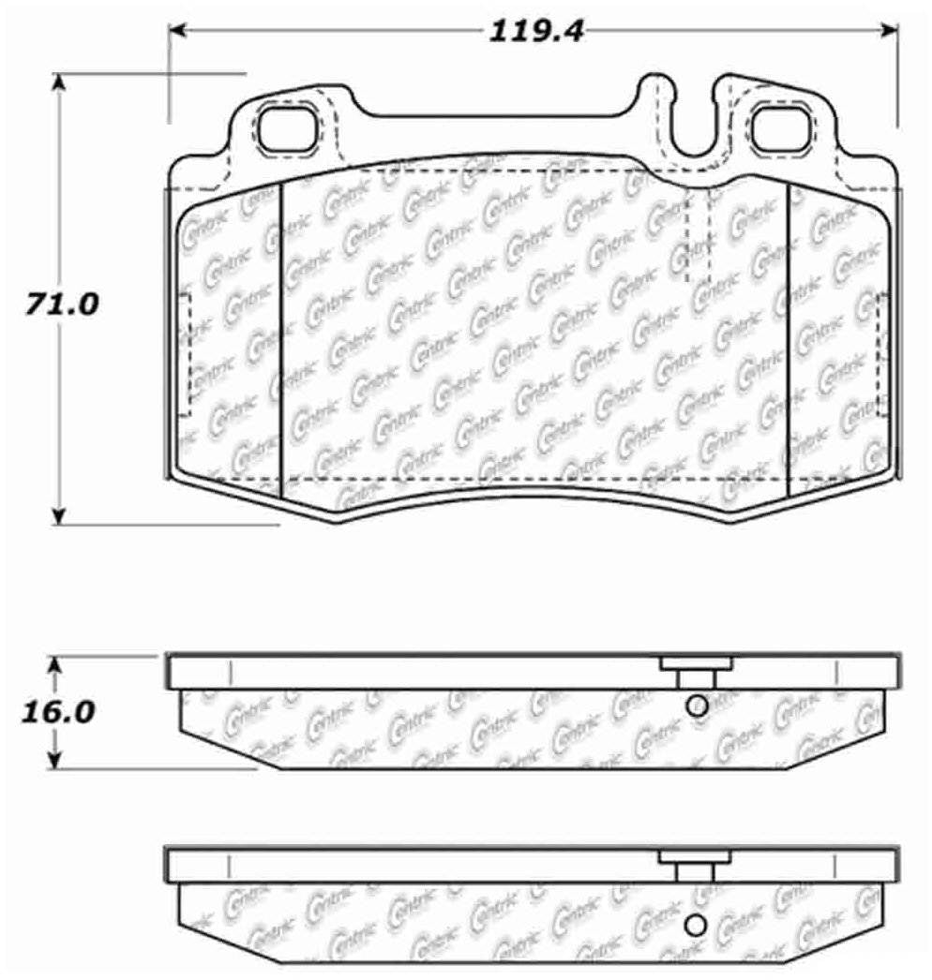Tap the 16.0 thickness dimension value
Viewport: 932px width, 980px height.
(57, 711)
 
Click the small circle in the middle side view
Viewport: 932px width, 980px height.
(696, 706)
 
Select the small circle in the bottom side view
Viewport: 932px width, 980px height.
(695, 924)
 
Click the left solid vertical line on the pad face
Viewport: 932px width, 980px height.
(281, 337)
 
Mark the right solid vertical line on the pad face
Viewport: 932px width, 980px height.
(789, 337)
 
